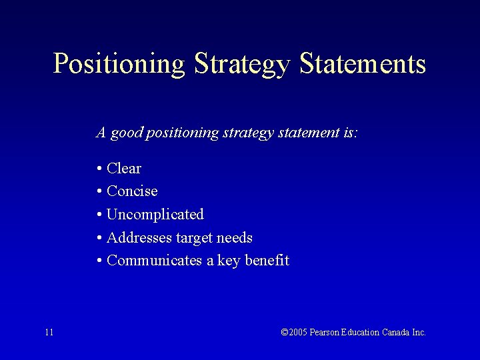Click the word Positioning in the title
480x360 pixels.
pos(119,65)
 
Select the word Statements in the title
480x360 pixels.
pos(363,64)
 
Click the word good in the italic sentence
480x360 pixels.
pos(126,133)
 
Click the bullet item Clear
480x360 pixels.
pos(124,169)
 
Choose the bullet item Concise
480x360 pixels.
pos(132,191)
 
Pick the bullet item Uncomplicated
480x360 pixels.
pos(155,215)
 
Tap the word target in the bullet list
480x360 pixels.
pos(195,238)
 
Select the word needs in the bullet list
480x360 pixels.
pos(235,238)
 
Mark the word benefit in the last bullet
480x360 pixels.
pos(267,261)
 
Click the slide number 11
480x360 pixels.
pos(49,332)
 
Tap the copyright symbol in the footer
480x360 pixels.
pos(285,332)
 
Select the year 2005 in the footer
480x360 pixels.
pos(298,332)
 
